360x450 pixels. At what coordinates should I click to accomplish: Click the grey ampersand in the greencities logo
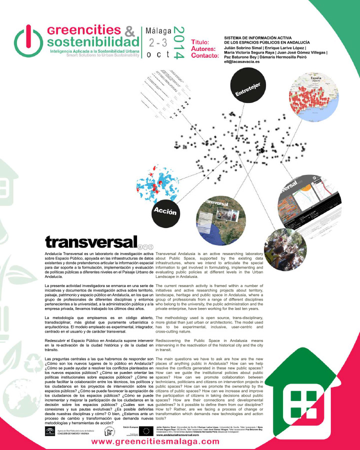128,31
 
